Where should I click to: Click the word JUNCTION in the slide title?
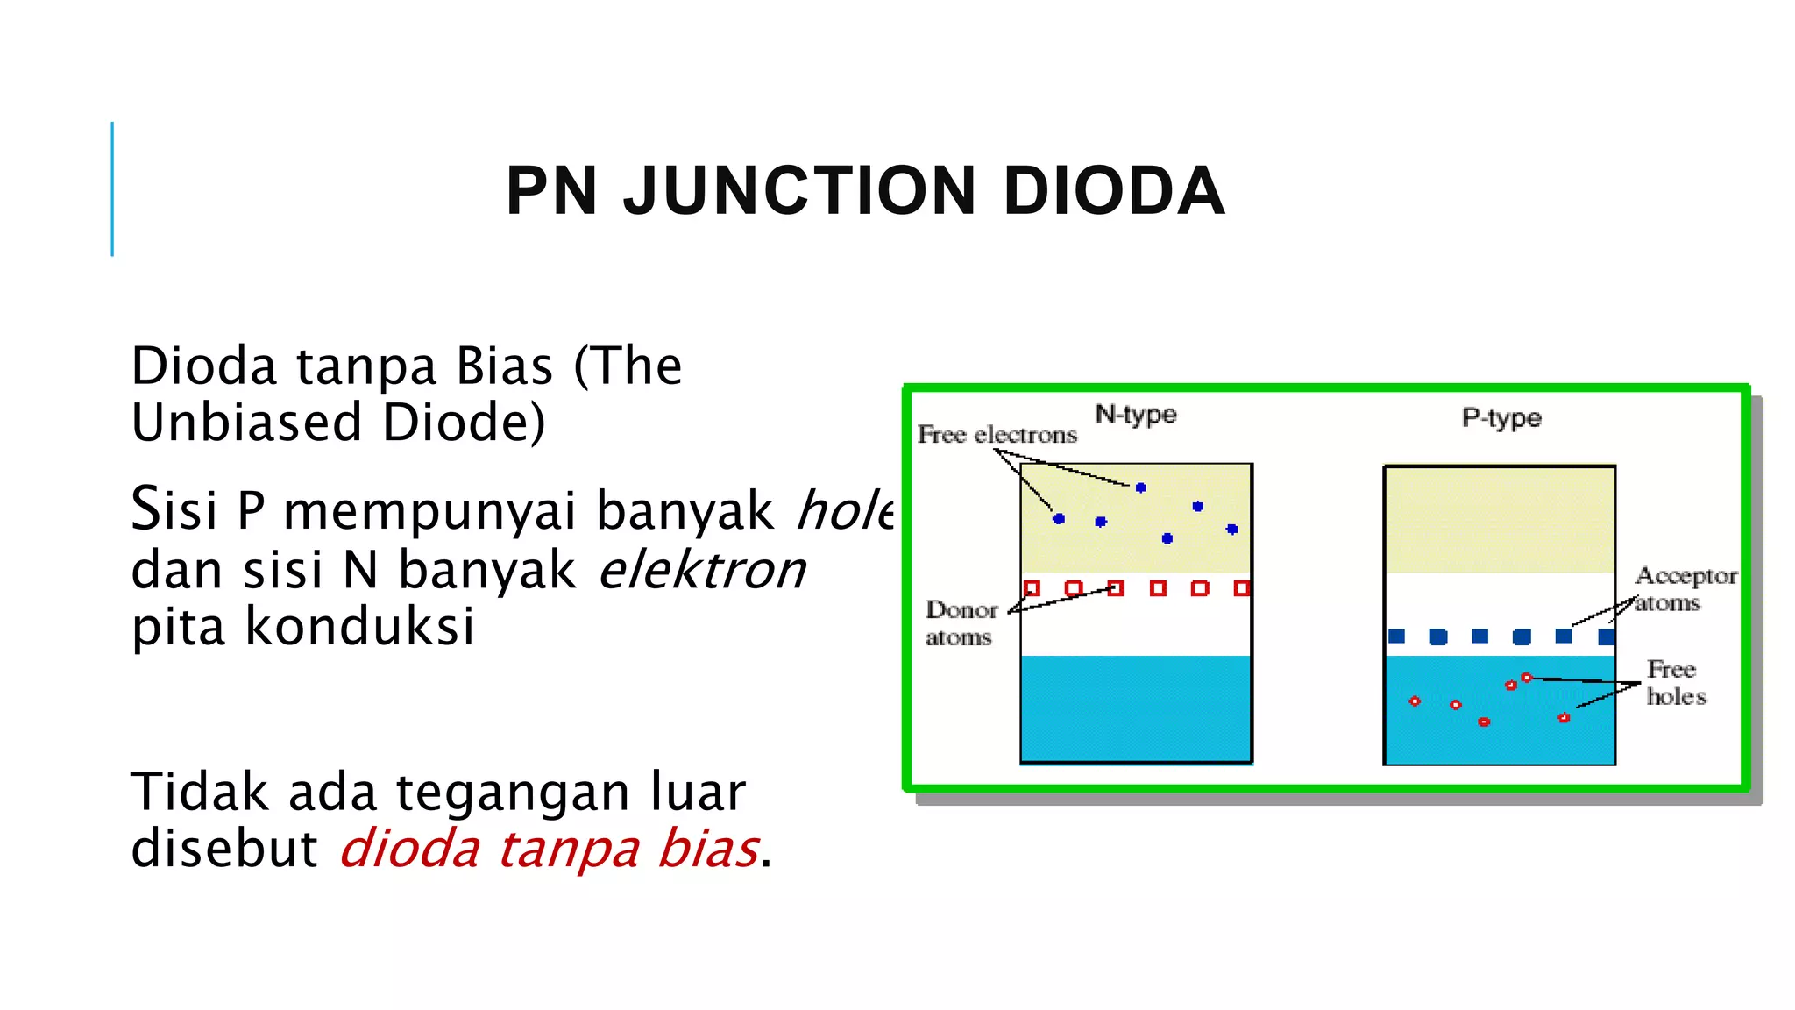pyautogui.click(x=798, y=191)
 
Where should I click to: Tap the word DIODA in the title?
pyautogui.click(x=1113, y=191)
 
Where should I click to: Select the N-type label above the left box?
pyautogui.click(x=1136, y=414)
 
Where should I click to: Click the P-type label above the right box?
pyautogui.click(x=1501, y=417)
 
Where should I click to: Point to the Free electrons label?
pyautogui.click(x=997, y=435)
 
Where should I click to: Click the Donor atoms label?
pyautogui.click(x=961, y=623)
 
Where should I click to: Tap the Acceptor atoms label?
pyautogui.click(x=1685, y=589)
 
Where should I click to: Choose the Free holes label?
pyautogui.click(x=1676, y=683)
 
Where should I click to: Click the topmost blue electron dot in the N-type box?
pyautogui.click(x=1140, y=487)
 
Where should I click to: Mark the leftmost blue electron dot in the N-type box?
pyautogui.click(x=1059, y=519)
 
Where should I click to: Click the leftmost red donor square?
pyautogui.click(x=1032, y=588)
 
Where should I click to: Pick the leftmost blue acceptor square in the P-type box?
pyautogui.click(x=1397, y=637)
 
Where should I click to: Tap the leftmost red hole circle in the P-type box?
pyautogui.click(x=1415, y=701)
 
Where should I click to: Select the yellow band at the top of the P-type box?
pyautogui.click(x=1500, y=519)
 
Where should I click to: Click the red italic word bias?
pyautogui.click(x=708, y=849)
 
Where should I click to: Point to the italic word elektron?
pyautogui.click(x=702, y=570)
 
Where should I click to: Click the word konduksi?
pyautogui.click(x=359, y=627)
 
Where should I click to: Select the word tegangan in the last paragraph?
pyautogui.click(x=512, y=793)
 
